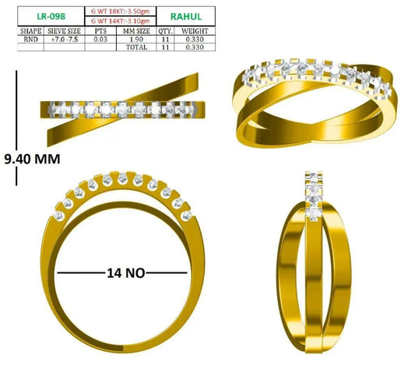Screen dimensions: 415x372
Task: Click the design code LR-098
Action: coord(51,16)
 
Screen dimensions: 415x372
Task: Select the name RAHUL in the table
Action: coord(186,16)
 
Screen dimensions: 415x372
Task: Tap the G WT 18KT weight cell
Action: coord(121,12)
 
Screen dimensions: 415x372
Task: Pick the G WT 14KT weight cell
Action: coord(121,21)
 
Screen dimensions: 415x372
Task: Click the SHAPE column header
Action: coord(30,31)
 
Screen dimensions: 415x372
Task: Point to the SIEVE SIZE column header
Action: coord(64,31)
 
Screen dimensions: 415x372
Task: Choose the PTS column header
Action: coord(100,31)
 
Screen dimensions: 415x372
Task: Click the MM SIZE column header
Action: coord(136,31)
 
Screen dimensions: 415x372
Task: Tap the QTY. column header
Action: coord(165,31)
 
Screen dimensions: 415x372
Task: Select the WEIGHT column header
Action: coord(195,31)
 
